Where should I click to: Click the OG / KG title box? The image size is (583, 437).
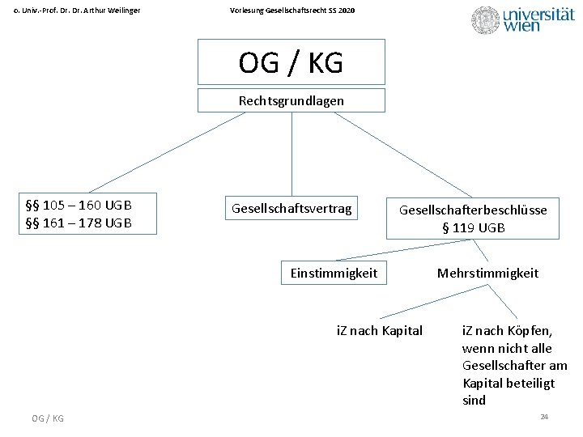coord(291,62)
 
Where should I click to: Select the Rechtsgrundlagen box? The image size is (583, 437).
coord(291,101)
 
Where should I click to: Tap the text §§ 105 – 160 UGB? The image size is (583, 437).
coord(79,204)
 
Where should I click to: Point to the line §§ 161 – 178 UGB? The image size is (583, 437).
coord(79,223)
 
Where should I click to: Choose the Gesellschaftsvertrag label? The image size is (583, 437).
coord(291,209)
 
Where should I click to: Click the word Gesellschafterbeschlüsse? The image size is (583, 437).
coord(473,210)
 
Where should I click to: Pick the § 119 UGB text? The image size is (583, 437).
coord(473,228)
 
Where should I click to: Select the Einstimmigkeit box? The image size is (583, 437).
coord(334,273)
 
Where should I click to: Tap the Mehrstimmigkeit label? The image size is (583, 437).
coord(487,273)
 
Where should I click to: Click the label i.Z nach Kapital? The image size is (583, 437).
coord(379,330)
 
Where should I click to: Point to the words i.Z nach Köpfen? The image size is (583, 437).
coord(507,330)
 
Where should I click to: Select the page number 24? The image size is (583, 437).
coord(544,416)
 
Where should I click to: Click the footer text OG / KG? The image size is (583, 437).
coord(48,418)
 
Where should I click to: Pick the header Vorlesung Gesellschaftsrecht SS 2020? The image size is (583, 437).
coord(291,10)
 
